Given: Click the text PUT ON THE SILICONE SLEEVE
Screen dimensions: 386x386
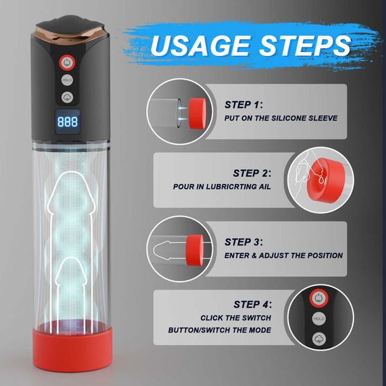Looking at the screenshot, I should coord(280,118).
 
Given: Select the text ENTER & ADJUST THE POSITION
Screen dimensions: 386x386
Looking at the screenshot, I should coord(283,255).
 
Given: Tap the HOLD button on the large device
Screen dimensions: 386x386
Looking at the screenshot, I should coord(68,80).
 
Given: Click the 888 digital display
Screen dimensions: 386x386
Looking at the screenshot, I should coord(67,120).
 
